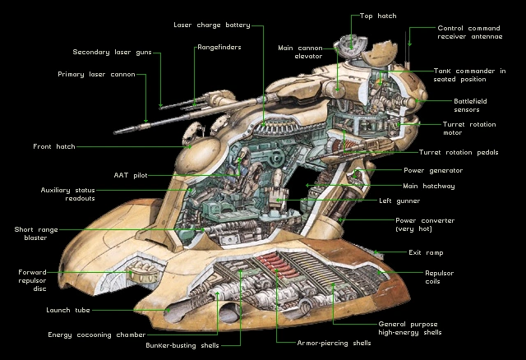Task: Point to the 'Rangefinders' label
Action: pyautogui.click(x=219, y=48)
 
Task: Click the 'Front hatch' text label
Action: pyautogui.click(x=54, y=146)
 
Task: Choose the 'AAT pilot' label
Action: pyautogui.click(x=131, y=175)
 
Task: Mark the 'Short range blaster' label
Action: pyautogui.click(x=30, y=233)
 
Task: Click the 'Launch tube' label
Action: pyautogui.click(x=68, y=310)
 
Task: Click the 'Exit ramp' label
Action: pyautogui.click(x=426, y=252)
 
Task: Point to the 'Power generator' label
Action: pyautogui.click(x=433, y=170)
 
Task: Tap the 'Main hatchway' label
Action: pyautogui.click(x=429, y=186)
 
